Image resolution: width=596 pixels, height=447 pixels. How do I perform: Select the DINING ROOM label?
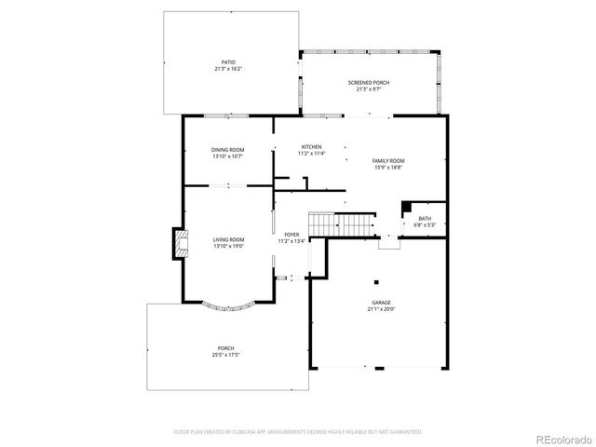(x=227, y=150)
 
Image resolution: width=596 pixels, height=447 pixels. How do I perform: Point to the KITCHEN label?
(x=311, y=147)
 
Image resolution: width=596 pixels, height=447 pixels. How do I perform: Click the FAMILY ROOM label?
(x=388, y=160)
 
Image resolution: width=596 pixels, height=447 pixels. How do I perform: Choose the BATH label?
(x=425, y=218)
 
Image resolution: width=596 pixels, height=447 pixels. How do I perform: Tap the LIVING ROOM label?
(x=228, y=238)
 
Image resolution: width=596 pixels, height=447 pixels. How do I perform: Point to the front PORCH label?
(x=227, y=348)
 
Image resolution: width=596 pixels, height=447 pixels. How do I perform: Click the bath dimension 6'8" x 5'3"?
(x=425, y=224)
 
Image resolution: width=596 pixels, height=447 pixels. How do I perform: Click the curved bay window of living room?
(x=228, y=306)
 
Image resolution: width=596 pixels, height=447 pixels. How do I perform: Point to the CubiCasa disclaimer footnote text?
(x=298, y=431)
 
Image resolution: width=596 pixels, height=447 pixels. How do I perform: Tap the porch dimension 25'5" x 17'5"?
(x=227, y=355)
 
